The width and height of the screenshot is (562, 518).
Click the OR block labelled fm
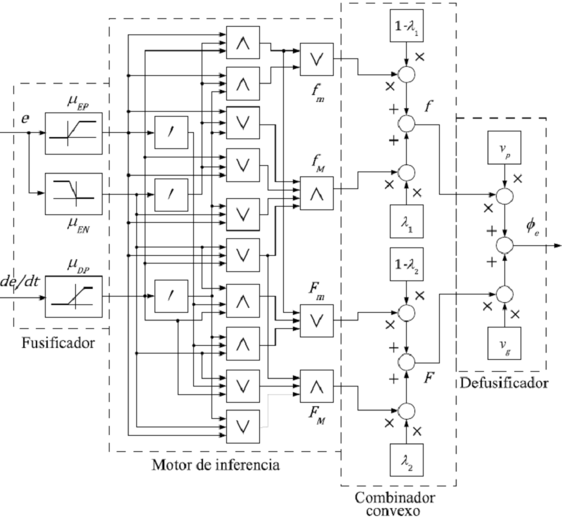tap(318, 59)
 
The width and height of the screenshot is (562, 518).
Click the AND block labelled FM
tap(318, 384)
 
